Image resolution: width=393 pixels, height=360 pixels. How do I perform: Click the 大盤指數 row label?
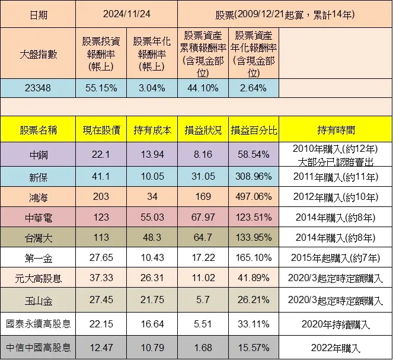tap(38, 55)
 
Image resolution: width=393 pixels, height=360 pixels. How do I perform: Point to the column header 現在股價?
tap(101, 130)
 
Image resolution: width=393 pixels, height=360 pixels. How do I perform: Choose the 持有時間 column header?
tap(335, 130)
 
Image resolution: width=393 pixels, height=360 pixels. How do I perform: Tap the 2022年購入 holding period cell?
tap(335, 348)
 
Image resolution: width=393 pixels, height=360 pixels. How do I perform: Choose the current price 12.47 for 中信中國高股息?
tap(101, 348)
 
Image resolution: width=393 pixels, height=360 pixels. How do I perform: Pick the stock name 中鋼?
tap(38, 155)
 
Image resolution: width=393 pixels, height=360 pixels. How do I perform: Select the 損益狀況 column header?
tap(203, 130)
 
